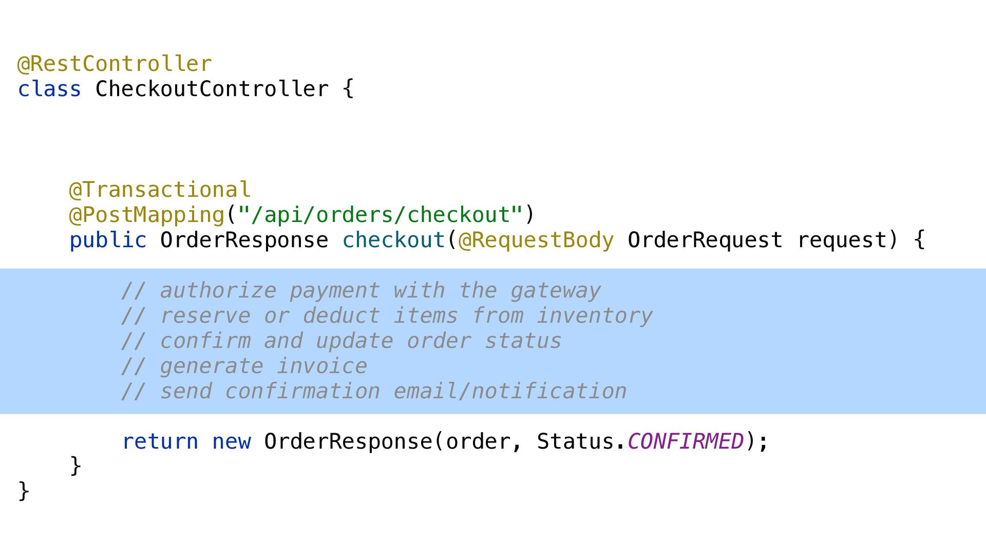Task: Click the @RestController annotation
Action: tap(115, 64)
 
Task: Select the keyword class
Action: tap(49, 89)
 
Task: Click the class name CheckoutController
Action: tap(212, 89)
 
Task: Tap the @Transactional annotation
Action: tap(160, 190)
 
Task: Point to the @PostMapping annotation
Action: tap(147, 215)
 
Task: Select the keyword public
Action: tap(108, 240)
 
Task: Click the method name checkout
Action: tap(393, 240)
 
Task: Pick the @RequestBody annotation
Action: tap(536, 240)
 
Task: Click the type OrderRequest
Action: tap(705, 240)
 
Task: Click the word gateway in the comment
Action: tap(556, 291)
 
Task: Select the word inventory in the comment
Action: tap(595, 316)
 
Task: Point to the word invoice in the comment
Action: tap(322, 366)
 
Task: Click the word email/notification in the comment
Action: tap(510, 392)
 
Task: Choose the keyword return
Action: tap(160, 442)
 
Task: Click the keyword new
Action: tap(231, 442)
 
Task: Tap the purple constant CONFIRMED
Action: tap(685, 442)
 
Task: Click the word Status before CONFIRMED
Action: tap(575, 442)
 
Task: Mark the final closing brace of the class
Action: tap(24, 491)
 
